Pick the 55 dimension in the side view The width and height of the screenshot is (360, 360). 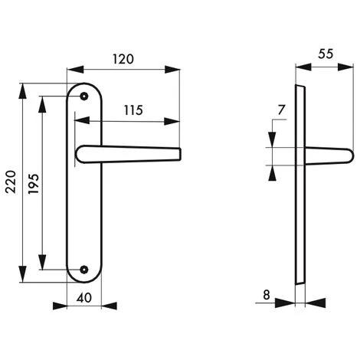click(324, 55)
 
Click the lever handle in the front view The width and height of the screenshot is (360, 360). click(130, 153)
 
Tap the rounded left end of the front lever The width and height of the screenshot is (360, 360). click(80, 155)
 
